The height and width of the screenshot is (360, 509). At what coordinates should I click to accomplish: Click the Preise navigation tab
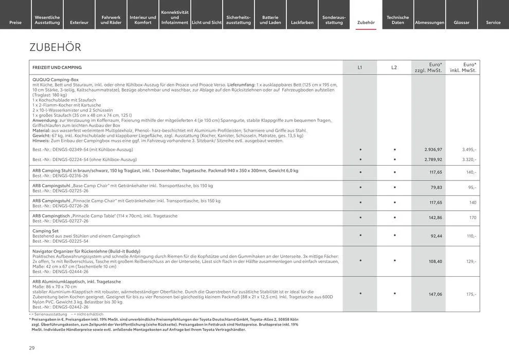point(15,23)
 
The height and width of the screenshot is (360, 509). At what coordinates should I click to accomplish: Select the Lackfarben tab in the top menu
point(302,23)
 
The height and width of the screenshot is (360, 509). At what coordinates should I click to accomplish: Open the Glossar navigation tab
point(462,23)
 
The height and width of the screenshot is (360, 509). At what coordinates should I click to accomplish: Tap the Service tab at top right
point(493,23)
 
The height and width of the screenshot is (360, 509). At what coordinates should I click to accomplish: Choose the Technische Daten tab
point(398,20)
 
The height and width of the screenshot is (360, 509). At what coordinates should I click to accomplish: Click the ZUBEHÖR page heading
point(56,48)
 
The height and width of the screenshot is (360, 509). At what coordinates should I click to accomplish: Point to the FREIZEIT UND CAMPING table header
point(57,67)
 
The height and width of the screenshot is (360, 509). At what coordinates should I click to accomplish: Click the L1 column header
point(360,67)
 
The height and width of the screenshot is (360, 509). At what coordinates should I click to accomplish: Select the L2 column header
point(394,67)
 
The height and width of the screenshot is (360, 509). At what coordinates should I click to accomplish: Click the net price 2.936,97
point(433,150)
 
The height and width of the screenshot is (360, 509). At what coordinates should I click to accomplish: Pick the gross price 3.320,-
point(469,159)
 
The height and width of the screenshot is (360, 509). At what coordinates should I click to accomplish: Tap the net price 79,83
point(436,188)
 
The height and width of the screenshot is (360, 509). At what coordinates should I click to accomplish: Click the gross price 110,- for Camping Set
point(471,236)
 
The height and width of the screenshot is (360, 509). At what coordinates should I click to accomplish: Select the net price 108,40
point(435,262)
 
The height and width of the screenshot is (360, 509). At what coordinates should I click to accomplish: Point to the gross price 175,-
point(471,295)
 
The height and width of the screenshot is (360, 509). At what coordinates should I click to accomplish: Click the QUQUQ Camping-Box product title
point(56,80)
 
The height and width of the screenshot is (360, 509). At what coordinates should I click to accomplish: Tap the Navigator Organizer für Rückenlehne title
point(86,251)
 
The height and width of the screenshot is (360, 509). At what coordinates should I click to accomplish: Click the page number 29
point(32,348)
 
